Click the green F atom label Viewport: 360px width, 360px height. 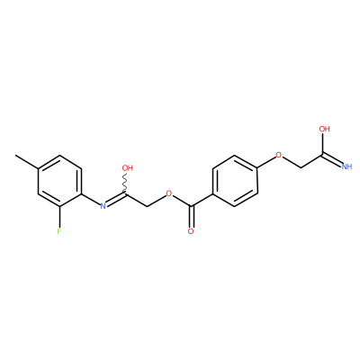coord(59,231)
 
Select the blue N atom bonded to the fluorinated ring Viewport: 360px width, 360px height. coord(103,206)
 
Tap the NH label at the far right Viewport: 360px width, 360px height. coord(346,166)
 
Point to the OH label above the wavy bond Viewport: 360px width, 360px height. coord(128,168)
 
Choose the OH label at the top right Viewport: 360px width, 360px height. coord(324,129)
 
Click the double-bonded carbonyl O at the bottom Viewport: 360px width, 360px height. coord(191,231)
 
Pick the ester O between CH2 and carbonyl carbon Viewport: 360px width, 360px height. coord(169,193)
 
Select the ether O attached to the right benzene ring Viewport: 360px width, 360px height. coord(279,156)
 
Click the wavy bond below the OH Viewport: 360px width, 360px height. coord(126,184)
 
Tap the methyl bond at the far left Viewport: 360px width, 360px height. coord(26,162)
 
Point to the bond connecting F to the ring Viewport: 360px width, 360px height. coord(59,217)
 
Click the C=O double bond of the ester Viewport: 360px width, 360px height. coord(191,217)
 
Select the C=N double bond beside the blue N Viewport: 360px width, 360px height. coord(116,199)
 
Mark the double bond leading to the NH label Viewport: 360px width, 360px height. coord(332,160)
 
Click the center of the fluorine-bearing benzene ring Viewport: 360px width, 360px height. coord(59,181)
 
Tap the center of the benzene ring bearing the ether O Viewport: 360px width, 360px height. coord(235,181)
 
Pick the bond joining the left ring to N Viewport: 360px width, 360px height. coord(91,199)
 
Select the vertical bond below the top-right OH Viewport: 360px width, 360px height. coord(323,144)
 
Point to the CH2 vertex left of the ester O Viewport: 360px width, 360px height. coord(148,206)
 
